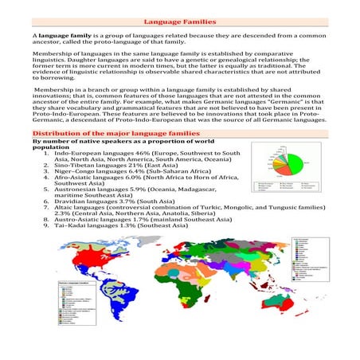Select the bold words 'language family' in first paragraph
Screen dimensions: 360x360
[60, 37]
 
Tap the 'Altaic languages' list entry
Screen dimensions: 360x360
[80, 209]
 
